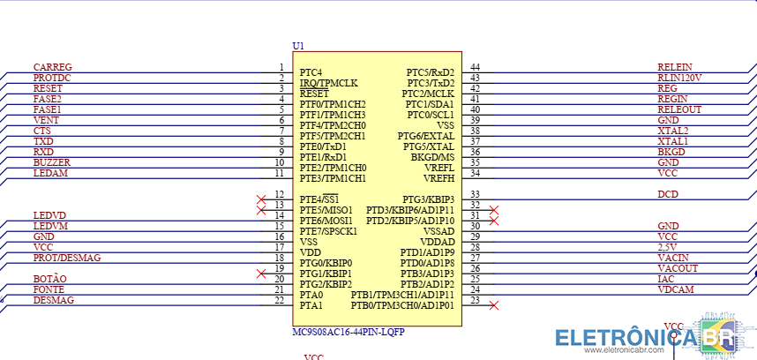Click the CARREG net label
52,67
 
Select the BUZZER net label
51,162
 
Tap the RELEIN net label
675,67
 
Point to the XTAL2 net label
673,131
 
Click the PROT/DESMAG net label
67,258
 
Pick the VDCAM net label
675,289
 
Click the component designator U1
297,46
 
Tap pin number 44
475,68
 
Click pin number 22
279,301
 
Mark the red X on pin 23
494,305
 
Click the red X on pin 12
260,199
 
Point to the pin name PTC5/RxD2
430,72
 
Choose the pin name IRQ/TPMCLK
328,83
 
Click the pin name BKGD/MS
432,157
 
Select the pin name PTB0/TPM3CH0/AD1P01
402,305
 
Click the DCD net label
668,194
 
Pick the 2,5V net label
669,247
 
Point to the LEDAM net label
50,173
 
